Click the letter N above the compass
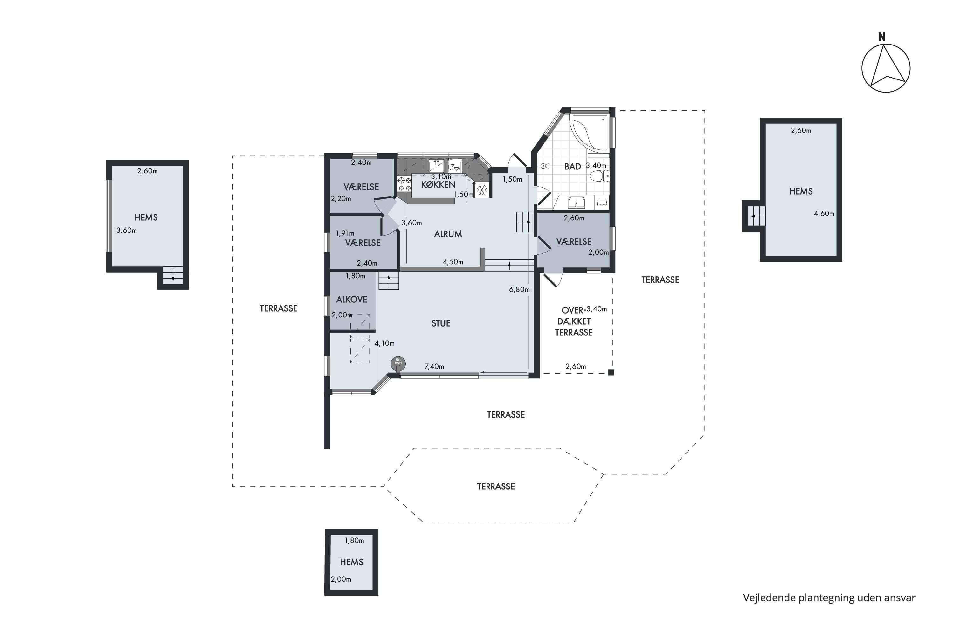click(881, 37)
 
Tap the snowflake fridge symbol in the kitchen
click(482, 190)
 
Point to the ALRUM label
click(448, 234)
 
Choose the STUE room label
click(441, 324)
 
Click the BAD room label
click(572, 167)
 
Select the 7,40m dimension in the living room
click(434, 367)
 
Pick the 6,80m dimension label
click(519, 290)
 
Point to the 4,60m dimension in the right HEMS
click(824, 214)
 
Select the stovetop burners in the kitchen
click(404, 184)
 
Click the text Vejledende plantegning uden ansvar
click(829, 598)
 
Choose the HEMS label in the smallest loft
click(352, 562)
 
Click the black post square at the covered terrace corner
click(611, 372)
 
